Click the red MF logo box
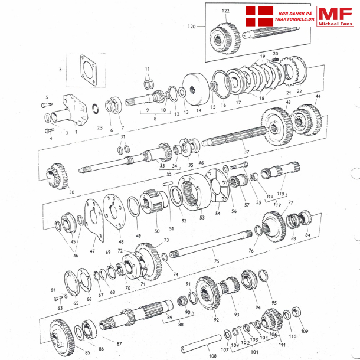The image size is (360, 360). point(335,17)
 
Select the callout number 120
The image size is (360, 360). point(191,27)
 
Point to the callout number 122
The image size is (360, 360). point(226,11)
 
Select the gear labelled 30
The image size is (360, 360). point(56,174)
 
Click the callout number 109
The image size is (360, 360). point(305,332)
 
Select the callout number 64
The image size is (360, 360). point(53,290)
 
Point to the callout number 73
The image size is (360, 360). point(166,240)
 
